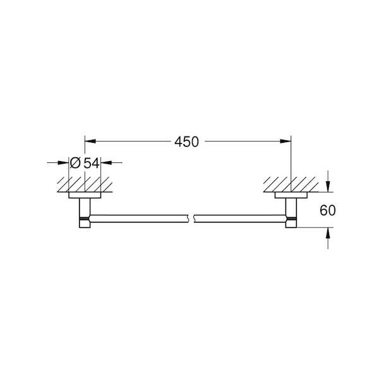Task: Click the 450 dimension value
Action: pos(186,141)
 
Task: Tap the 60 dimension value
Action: pos(327,210)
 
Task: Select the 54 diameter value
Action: pos(92,163)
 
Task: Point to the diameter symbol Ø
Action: pos(75,163)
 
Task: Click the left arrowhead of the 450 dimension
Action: pos(90,141)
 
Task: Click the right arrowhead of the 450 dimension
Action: pos(286,141)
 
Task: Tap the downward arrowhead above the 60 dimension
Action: pos(328,186)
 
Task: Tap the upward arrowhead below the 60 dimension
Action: pos(328,233)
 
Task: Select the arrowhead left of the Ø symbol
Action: pos(63,163)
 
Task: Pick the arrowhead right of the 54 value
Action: pos(106,163)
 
